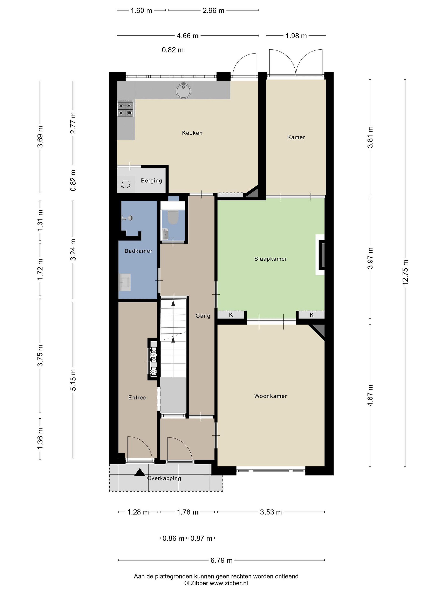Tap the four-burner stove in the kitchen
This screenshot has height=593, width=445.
(x=125, y=109)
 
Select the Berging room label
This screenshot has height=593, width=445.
(x=152, y=181)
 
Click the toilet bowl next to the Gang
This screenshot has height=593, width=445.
(x=173, y=217)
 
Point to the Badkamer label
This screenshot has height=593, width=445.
(x=138, y=251)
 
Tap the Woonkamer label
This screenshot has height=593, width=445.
(x=271, y=396)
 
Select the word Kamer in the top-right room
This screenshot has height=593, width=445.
(x=296, y=137)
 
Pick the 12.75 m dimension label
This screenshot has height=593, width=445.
(x=405, y=272)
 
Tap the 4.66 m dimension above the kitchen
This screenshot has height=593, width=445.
(x=187, y=36)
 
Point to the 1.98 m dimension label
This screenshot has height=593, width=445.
(x=296, y=36)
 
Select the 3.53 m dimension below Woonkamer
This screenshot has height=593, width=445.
(x=271, y=512)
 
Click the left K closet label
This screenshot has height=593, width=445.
(x=231, y=315)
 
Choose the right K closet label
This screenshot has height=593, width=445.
(x=312, y=315)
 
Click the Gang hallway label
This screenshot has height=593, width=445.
(x=203, y=316)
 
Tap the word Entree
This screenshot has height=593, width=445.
(x=137, y=398)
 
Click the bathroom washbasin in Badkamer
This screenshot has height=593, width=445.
(x=125, y=282)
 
